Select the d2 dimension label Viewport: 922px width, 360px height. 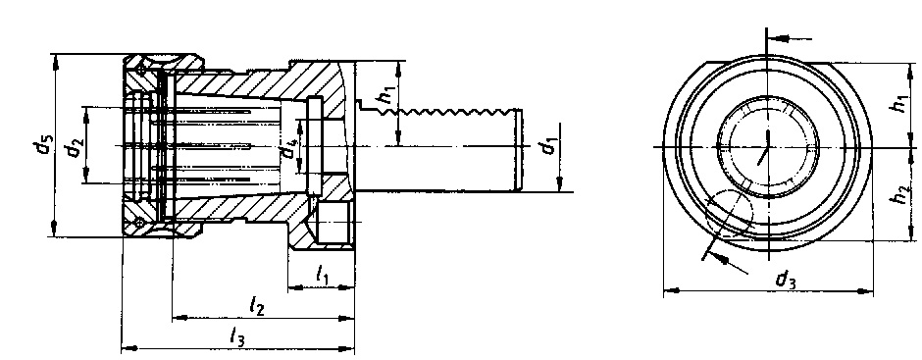click(x=74, y=146)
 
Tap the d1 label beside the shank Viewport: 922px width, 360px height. click(x=548, y=145)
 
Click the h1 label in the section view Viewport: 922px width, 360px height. click(x=384, y=94)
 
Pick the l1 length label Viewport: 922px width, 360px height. click(x=323, y=274)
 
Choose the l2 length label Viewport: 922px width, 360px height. click(x=256, y=306)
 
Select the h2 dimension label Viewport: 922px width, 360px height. click(x=900, y=193)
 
